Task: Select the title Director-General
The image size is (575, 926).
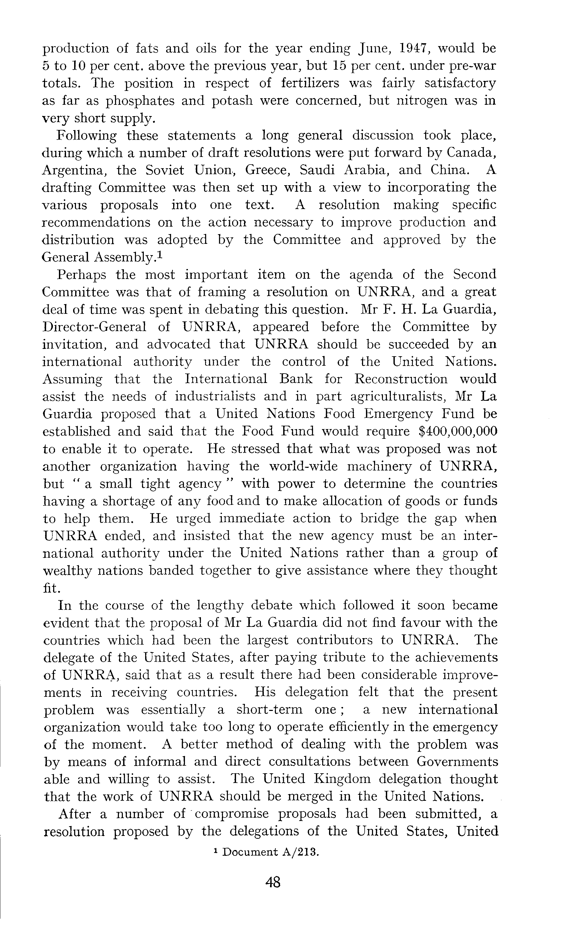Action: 94,327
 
